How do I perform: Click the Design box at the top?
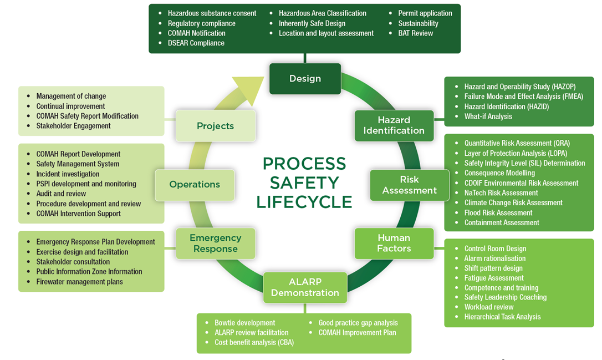point(305,79)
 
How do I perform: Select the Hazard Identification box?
point(394,125)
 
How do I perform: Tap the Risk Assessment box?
point(409,185)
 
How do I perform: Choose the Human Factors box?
point(394,244)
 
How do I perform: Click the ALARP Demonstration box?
point(305,288)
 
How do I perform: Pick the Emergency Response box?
point(216,244)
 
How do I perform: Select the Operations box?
point(195,185)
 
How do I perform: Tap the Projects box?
point(216,125)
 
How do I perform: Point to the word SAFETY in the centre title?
point(304,183)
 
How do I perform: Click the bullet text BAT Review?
point(415,33)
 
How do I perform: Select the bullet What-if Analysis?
point(488,116)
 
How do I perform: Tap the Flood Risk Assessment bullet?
point(498,213)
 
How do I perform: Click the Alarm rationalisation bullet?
point(495,258)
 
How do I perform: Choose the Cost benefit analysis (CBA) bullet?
point(254,342)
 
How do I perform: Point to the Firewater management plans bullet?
point(79,282)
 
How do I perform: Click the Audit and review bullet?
point(61,194)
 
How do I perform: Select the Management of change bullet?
point(71,96)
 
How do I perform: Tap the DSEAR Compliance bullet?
point(196,43)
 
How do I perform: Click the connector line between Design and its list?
point(305,58)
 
